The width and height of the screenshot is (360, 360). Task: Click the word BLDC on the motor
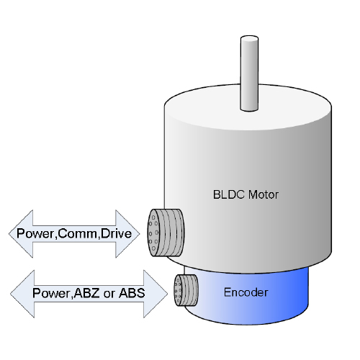(229, 194)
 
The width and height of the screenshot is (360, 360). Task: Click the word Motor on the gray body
(264, 194)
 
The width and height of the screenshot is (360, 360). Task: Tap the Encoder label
(246, 292)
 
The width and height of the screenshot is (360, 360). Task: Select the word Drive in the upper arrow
(116, 233)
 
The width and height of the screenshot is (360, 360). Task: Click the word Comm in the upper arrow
(78, 233)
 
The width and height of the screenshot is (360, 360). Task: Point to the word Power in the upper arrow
(36, 233)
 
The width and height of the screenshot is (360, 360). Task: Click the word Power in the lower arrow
(52, 293)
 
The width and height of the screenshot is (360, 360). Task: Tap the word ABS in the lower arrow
(132, 293)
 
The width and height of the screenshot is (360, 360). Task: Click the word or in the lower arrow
(109, 294)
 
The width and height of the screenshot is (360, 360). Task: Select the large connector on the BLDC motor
(166, 233)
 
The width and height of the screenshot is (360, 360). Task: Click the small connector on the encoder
(186, 290)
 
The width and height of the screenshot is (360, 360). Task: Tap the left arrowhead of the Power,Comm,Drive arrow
(21, 234)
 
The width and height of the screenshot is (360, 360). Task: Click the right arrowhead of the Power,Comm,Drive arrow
(127, 234)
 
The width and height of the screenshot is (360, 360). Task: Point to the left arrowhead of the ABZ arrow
(22, 294)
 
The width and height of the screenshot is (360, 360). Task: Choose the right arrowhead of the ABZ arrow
(156, 294)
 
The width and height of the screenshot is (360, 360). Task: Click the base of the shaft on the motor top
(249, 109)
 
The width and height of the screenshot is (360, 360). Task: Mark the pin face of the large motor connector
(153, 233)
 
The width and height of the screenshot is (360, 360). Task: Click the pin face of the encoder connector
(178, 290)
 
